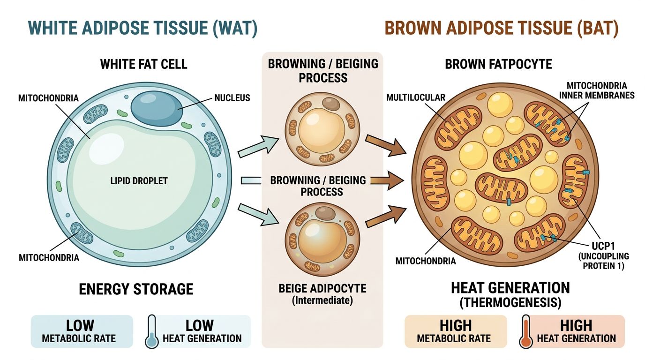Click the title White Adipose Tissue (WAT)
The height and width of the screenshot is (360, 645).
click(136, 28)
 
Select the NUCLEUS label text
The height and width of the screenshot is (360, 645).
click(232, 98)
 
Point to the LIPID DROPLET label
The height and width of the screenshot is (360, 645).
click(139, 181)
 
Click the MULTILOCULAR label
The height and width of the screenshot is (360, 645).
click(415, 97)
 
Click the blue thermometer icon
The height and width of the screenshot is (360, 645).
click(151, 331)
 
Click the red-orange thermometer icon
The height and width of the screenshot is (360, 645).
click(526, 331)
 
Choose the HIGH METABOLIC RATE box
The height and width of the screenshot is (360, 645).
click(455, 331)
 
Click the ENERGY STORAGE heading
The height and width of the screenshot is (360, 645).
click(136, 289)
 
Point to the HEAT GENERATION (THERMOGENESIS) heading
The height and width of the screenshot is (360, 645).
click(510, 294)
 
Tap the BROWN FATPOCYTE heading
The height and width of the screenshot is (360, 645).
click(498, 64)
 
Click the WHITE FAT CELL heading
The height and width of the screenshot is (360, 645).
click(143, 64)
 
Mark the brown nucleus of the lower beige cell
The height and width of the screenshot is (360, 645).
click(325, 214)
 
